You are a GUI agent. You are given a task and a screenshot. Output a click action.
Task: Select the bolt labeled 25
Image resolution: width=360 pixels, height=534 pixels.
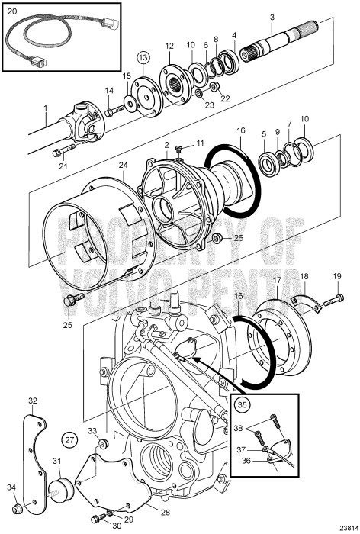click(x=72, y=299)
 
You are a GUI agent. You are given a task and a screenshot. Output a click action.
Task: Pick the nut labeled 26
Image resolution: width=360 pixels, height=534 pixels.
click(x=216, y=239)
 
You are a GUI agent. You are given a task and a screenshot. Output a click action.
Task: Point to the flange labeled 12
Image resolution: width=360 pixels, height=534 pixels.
click(x=169, y=83)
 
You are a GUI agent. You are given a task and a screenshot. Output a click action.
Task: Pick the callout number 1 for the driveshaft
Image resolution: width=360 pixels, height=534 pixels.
click(x=45, y=108)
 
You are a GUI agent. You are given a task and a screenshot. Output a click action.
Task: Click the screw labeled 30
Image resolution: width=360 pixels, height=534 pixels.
click(x=101, y=520)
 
